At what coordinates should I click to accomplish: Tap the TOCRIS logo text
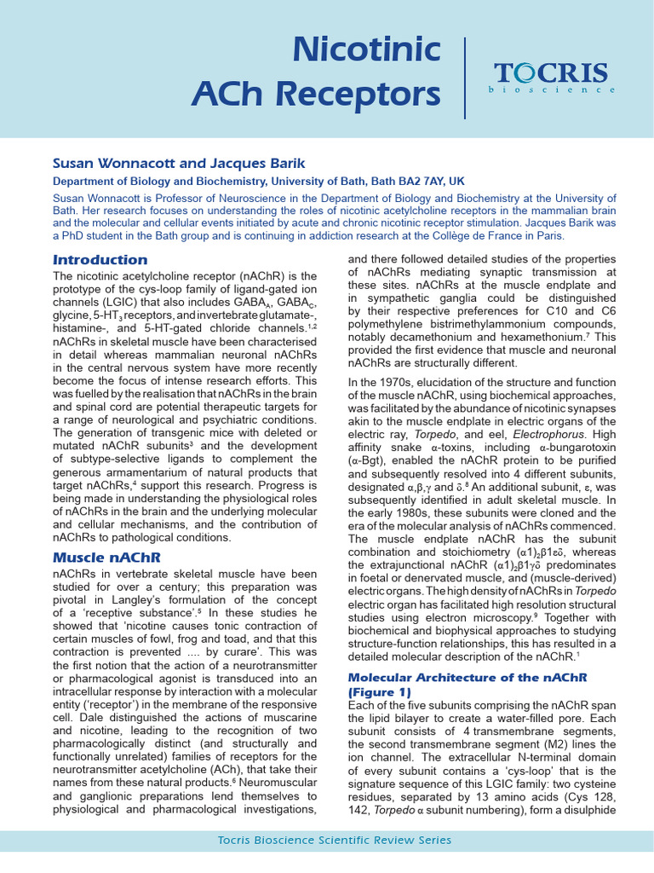(552, 72)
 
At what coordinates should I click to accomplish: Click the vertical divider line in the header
(465, 78)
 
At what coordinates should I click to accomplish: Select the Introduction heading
(100, 259)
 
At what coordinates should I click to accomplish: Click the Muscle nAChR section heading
(107, 557)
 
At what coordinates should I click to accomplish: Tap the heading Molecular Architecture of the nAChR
(466, 676)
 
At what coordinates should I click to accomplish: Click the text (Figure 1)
(380, 691)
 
